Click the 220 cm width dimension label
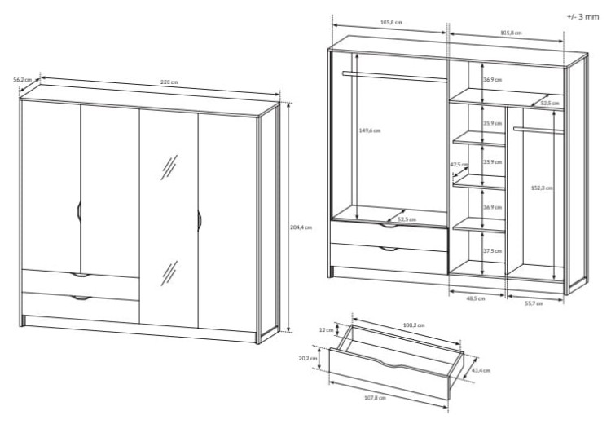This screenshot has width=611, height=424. point(169,82)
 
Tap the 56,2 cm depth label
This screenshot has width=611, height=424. point(22,79)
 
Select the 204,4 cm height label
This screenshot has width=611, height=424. point(301,227)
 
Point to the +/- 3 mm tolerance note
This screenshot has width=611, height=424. point(582,17)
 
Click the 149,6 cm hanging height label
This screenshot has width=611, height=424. point(369,130)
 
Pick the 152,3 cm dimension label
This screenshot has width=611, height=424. point(542,188)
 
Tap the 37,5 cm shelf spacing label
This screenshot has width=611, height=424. point(493,251)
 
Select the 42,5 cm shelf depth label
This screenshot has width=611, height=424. point(459,164)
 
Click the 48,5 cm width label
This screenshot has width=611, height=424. point(476,298)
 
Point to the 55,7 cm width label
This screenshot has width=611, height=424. point(534,303)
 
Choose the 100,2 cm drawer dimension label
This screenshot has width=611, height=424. point(414,325)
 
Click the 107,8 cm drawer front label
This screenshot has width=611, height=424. point(375,397)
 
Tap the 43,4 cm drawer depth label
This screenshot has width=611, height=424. point(481,370)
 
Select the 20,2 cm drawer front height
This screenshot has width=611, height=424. point(308,358)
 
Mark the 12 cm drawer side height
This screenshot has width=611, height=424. point(326,330)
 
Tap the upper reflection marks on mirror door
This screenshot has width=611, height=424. point(169,167)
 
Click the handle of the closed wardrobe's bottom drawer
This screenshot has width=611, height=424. point(81,298)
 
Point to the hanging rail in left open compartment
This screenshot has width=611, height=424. point(394,77)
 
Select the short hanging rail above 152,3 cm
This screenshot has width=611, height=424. point(538,130)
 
